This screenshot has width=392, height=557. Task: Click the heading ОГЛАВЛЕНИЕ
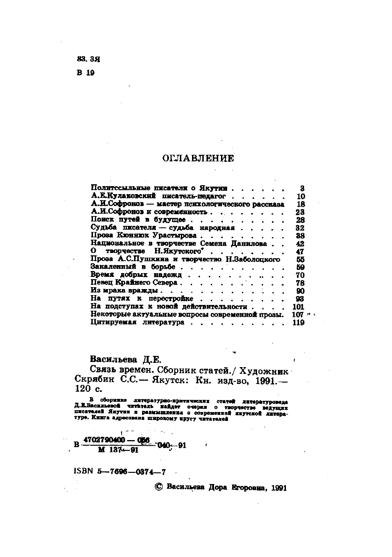pos(198,159)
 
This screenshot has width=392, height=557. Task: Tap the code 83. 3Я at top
pos(86,60)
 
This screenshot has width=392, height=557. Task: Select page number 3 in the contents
pos(302,187)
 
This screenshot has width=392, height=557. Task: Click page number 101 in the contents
pos(298,307)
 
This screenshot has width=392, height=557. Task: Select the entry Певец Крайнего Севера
pos(135,282)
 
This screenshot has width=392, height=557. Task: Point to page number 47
pos(300,251)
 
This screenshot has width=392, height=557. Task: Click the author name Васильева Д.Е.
pos(125,359)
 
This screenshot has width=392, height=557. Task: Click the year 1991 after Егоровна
pos(275,487)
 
